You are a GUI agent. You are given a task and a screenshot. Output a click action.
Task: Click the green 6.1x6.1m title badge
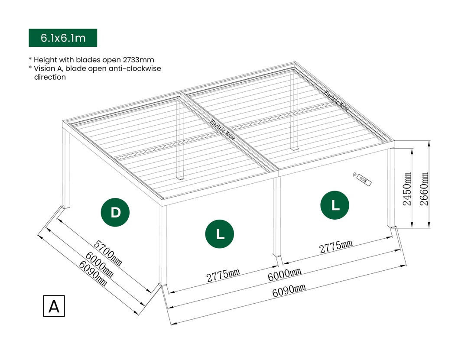point(63,38)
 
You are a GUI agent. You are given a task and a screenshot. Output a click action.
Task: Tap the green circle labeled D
point(115,213)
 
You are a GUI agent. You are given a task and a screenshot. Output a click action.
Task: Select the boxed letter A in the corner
point(54,306)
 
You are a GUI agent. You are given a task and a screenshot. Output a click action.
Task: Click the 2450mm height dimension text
point(408,189)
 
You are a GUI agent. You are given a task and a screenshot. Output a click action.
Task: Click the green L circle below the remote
point(335,206)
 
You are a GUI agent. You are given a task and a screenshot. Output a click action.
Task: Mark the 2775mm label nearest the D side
point(223,276)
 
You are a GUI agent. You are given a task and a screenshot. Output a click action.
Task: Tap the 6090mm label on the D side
point(92,274)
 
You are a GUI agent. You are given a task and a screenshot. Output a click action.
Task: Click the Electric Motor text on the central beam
point(223,130)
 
